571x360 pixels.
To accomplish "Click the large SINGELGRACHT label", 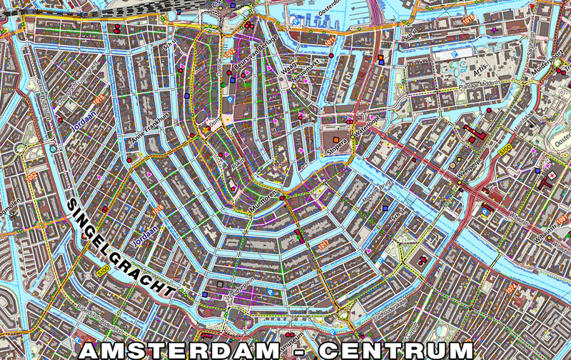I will (x=121, y=248).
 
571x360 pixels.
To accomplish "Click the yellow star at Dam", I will (x=208, y=129).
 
